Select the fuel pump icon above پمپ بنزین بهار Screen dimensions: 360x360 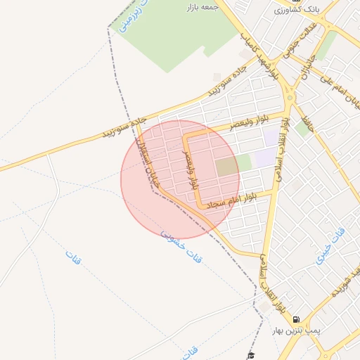tap(296, 319)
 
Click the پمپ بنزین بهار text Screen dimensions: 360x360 tap(297, 330)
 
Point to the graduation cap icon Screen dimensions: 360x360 tap(250, 356)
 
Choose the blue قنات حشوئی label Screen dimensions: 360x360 tap(181, 247)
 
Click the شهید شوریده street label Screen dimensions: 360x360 tap(340, 281)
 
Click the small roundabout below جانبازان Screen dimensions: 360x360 tap(289, 98)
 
